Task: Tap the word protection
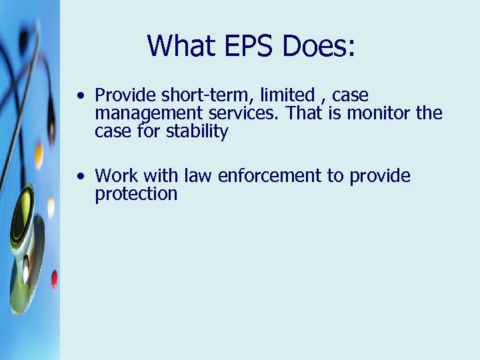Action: [136, 195]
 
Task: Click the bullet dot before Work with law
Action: [80, 177]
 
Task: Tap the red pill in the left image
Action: [54, 279]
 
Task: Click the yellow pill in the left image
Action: [39, 155]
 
